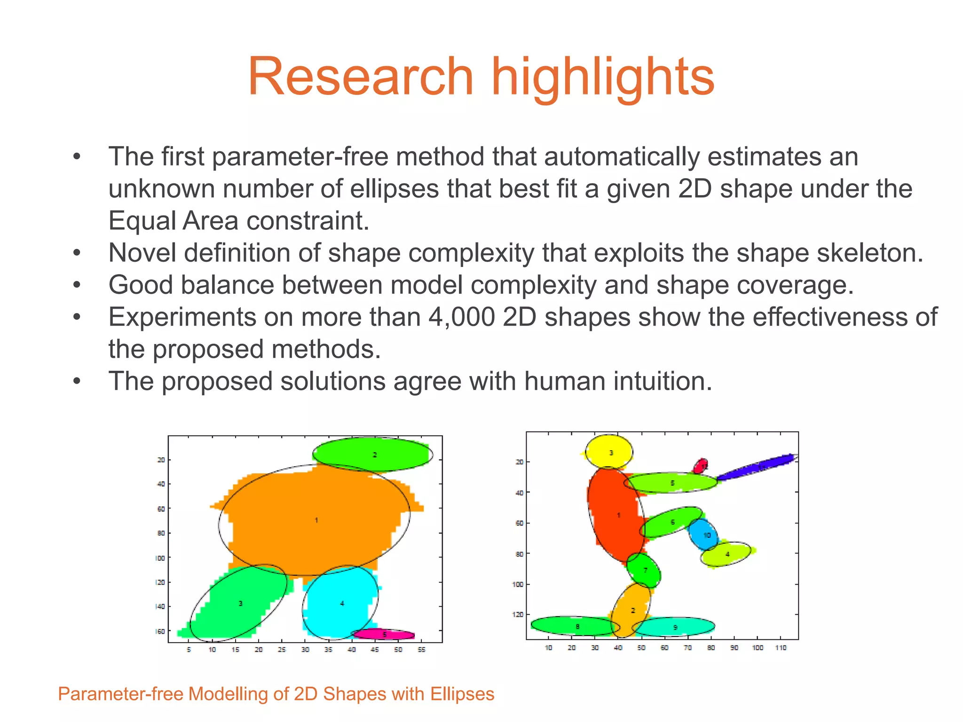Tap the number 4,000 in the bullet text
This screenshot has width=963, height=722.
click(x=461, y=317)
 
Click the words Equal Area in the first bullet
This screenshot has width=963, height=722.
click(x=174, y=220)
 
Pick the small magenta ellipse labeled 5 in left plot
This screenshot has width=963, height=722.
click(x=384, y=635)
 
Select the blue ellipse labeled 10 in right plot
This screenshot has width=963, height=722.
click(x=703, y=535)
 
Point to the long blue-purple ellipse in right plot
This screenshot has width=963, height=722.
click(x=755, y=467)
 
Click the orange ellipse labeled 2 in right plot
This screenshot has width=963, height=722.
click(x=631, y=610)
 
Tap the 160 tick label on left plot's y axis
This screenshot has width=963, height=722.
click(x=160, y=631)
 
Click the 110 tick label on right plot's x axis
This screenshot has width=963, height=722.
click(x=781, y=648)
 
